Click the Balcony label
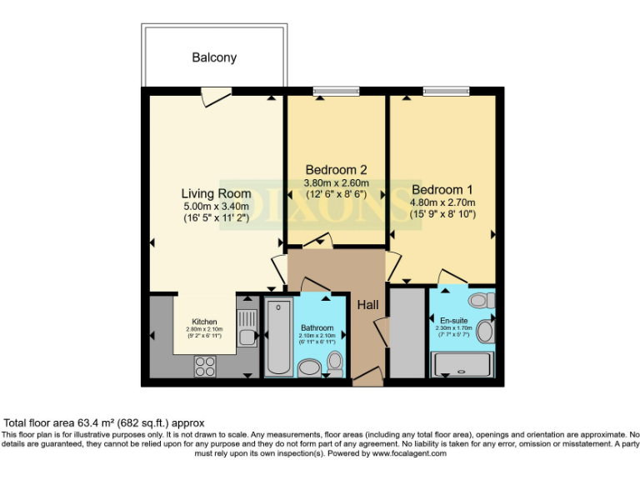point(214,57)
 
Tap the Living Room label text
point(216,193)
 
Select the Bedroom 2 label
point(336,168)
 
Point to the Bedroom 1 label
point(441,189)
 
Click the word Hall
point(369,306)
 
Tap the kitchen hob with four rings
point(204,365)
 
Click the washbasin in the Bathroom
point(309,368)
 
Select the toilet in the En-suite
point(481,300)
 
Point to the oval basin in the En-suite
point(486,332)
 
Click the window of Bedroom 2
point(336,91)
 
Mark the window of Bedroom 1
point(445,91)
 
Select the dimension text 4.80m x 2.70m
point(441,202)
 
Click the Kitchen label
point(204,322)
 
